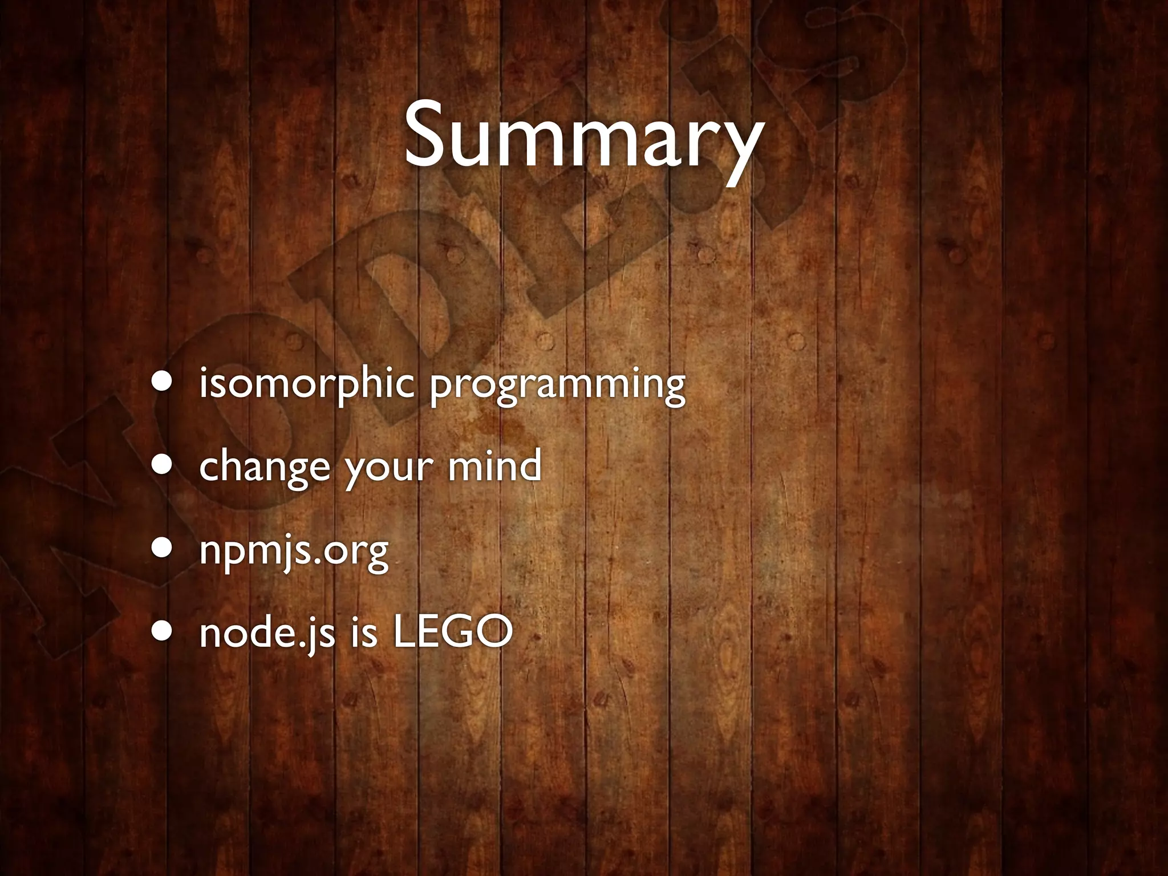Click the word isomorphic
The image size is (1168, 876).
coord(306,384)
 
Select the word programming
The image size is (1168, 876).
coord(557,386)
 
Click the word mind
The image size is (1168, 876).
coord(494,465)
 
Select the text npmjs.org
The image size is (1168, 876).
coord(294,551)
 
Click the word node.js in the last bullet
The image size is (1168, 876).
coord(267,633)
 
